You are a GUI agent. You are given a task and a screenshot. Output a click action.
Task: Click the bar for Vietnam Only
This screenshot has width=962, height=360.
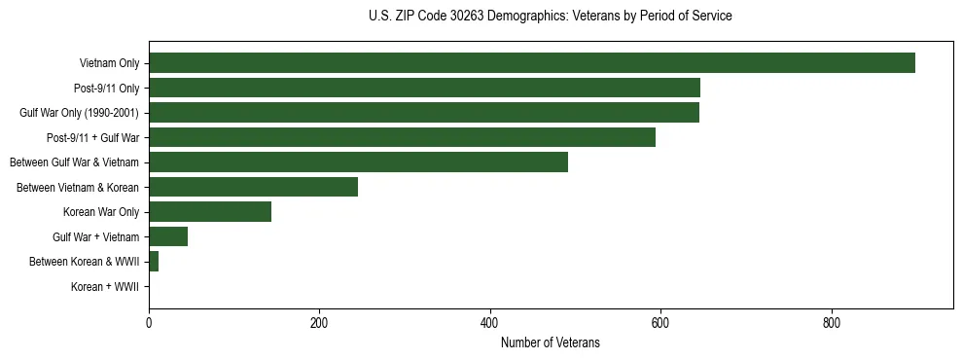[x=531, y=63]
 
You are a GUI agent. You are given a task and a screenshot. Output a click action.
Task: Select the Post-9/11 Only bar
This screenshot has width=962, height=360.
[x=424, y=88]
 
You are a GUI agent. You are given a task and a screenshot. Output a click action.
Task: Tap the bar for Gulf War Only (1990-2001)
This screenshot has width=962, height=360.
[x=423, y=113]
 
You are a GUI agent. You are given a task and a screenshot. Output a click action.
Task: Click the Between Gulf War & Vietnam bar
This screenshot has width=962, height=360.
[x=358, y=162]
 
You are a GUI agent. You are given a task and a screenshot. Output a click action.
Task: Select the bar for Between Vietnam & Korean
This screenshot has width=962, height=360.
[x=253, y=187]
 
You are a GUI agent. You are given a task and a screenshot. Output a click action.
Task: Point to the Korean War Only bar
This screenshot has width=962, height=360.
[x=210, y=212]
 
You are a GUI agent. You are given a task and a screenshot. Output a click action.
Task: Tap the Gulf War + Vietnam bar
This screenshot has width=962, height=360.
[x=168, y=236]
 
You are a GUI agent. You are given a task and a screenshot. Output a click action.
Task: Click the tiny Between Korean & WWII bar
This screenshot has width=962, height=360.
[x=154, y=262]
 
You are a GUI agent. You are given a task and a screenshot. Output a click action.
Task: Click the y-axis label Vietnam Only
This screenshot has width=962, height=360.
[x=109, y=64]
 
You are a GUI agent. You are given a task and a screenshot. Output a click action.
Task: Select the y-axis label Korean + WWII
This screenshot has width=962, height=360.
[x=105, y=287]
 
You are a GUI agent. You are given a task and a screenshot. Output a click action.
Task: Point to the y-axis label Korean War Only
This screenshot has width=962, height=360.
[x=102, y=212]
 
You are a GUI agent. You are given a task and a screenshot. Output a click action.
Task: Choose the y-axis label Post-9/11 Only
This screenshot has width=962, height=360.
[x=106, y=89]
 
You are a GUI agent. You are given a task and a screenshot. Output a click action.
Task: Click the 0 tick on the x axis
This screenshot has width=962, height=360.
[x=149, y=322]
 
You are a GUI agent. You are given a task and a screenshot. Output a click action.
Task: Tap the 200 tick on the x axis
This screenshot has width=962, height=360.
[x=319, y=322]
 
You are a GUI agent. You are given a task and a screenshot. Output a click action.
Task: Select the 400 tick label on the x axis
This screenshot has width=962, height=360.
[x=489, y=322]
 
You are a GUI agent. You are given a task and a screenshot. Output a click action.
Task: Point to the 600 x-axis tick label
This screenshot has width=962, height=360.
[x=660, y=322]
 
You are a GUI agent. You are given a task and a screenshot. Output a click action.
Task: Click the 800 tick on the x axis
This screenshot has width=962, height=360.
[x=831, y=322]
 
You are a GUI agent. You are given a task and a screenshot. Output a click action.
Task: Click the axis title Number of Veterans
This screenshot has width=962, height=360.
[x=550, y=343]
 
